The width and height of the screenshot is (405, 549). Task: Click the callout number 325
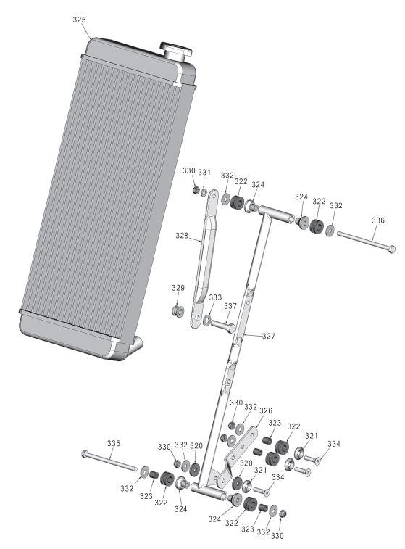[x=80, y=20]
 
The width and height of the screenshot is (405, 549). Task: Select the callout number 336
[x=377, y=220]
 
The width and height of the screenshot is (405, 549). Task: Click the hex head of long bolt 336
[x=392, y=249]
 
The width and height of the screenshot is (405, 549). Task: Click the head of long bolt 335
[x=86, y=457]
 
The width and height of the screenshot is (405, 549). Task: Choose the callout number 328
[x=183, y=236]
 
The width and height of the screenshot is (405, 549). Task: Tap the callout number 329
[x=178, y=289]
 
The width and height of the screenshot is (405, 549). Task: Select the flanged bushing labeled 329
[x=175, y=312]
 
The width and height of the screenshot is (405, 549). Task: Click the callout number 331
[x=205, y=172]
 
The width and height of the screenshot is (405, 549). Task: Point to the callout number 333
[x=215, y=298]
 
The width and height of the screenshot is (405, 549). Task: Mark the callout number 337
[x=230, y=306]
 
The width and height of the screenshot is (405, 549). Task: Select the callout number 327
[x=269, y=337]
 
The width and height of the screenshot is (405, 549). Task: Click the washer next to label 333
[x=209, y=319]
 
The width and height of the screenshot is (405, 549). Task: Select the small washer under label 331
[x=204, y=191]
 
